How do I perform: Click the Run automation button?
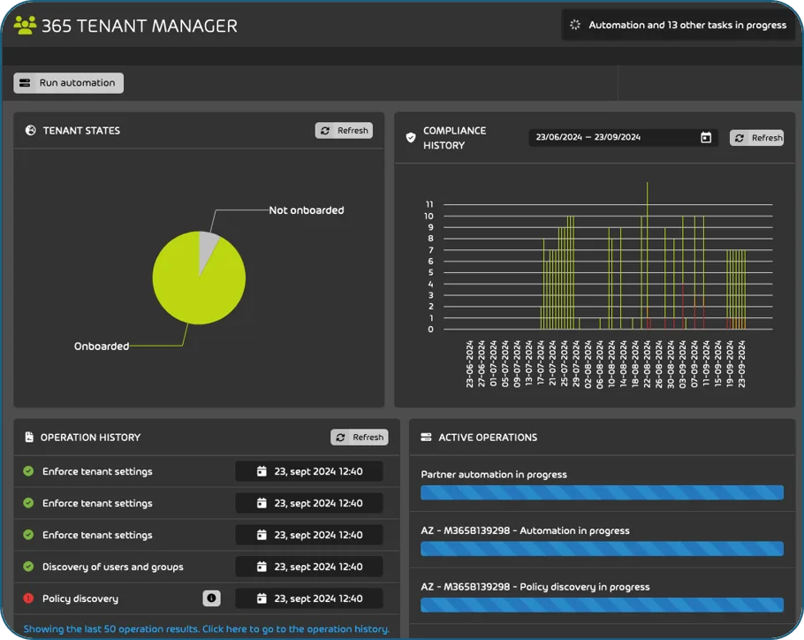click(68, 83)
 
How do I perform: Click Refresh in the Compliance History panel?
click(757, 138)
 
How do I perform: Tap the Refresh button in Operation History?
click(360, 437)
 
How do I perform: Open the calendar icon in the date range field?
click(706, 137)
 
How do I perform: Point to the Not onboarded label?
click(306, 210)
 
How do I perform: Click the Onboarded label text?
click(102, 347)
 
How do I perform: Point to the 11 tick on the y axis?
click(429, 204)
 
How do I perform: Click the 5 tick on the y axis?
click(431, 272)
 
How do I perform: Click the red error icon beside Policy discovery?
click(28, 598)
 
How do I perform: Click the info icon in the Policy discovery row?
click(211, 598)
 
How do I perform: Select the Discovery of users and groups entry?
click(112, 567)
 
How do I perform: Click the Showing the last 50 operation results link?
click(206, 629)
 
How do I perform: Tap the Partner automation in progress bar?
click(602, 492)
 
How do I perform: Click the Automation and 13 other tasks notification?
click(679, 25)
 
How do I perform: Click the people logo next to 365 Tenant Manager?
click(25, 26)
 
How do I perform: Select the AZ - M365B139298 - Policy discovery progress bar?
click(602, 606)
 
